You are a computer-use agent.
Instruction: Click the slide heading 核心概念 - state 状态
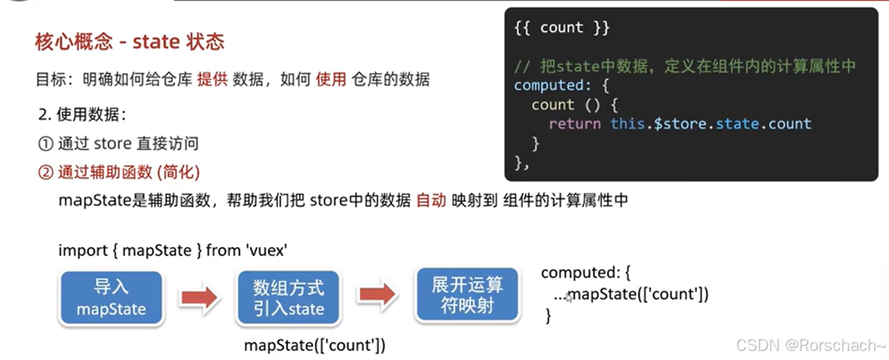pos(130,41)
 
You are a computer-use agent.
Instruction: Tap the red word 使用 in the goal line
pos(331,78)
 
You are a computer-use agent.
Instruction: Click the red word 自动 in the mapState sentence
pos(431,200)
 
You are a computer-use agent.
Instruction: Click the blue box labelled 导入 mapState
pos(111,297)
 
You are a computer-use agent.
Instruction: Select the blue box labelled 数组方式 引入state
pos(289,297)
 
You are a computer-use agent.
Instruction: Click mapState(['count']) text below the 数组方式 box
pos(315,345)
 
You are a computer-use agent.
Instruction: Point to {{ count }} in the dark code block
pos(561,28)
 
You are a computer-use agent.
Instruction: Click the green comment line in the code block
pos(685,66)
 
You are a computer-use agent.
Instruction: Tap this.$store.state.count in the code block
pos(710,124)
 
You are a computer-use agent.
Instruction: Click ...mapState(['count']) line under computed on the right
pos(631,294)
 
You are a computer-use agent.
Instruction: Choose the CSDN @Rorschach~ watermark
pos(811,345)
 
